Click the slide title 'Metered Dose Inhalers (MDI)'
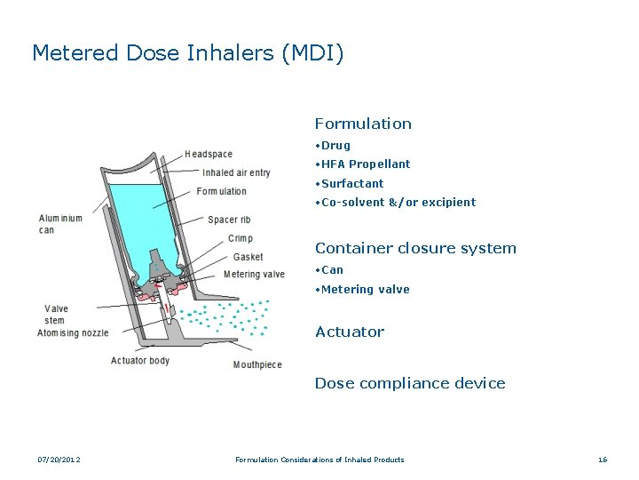[x=187, y=53]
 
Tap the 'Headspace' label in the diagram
[x=209, y=155]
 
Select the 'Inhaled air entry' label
[x=236, y=173]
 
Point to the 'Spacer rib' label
[x=229, y=220]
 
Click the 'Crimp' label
[x=241, y=238]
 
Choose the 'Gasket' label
[x=248, y=257]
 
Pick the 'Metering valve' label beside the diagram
[x=254, y=275]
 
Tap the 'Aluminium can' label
[x=60, y=224]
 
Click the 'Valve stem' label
[x=56, y=315]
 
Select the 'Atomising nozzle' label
[x=73, y=333]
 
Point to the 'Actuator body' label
[x=140, y=361]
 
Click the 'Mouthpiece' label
[x=257, y=364]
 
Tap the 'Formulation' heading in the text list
[x=363, y=124]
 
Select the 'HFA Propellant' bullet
[x=366, y=164]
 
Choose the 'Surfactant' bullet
[x=352, y=184]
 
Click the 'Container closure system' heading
[x=415, y=249]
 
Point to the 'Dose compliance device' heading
[x=410, y=384]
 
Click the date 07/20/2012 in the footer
[x=59, y=460]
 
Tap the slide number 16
[x=603, y=460]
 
